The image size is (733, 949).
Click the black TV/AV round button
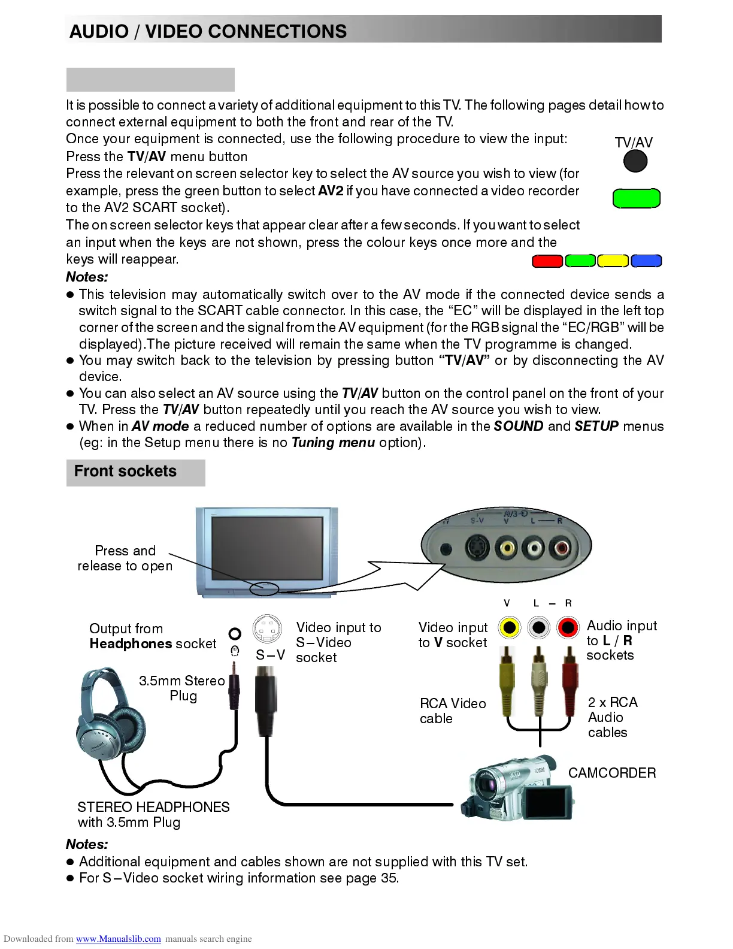(635, 161)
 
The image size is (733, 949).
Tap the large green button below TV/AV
(636, 198)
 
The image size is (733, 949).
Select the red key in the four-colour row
(547, 261)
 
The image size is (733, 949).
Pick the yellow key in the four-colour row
(613, 261)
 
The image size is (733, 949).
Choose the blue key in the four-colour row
(646, 261)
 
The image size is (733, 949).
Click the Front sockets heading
(125, 472)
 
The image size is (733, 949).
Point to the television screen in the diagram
(267, 545)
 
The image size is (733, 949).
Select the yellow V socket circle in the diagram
(509, 627)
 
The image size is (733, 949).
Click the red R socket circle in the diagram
(567, 627)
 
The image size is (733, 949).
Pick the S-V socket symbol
(267, 629)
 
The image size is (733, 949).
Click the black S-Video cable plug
(266, 701)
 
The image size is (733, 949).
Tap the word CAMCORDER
(611, 773)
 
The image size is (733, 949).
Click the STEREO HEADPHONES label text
(153, 807)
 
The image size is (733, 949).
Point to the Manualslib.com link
(118, 939)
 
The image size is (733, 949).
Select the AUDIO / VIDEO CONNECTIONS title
(208, 31)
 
